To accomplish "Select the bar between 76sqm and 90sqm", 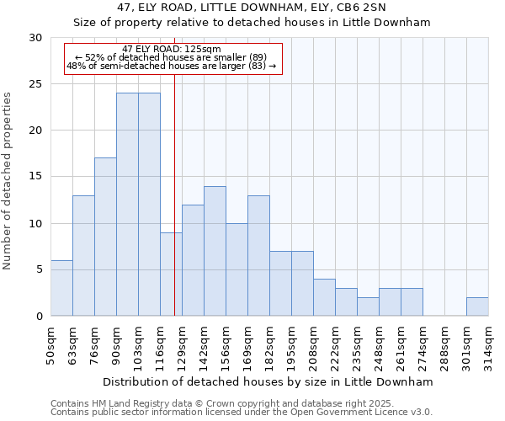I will pos(105,237).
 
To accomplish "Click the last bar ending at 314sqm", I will pos(477,306).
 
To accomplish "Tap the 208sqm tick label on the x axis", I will pos(314,345).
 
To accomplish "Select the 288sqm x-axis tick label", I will pos(445,345).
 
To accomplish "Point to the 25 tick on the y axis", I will pos(35,84).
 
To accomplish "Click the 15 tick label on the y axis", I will pos(35,177).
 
